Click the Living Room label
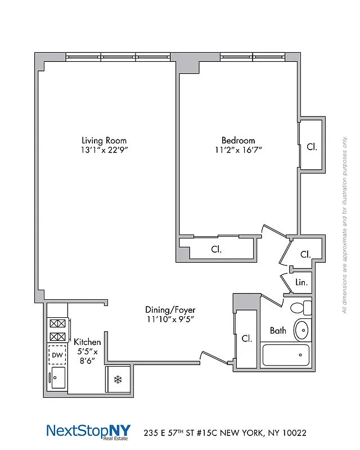104,141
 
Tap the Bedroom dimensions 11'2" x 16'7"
238,150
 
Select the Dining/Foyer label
170,310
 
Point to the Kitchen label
88,342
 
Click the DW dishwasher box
57,355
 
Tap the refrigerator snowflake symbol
118,380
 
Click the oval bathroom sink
303,330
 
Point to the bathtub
286,355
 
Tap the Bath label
278,331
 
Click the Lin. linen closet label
301,282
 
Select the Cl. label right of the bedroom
312,147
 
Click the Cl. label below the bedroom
216,249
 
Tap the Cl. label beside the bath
246,339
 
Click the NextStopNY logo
88,432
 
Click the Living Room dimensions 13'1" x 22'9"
104,150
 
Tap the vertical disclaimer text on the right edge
344,225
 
